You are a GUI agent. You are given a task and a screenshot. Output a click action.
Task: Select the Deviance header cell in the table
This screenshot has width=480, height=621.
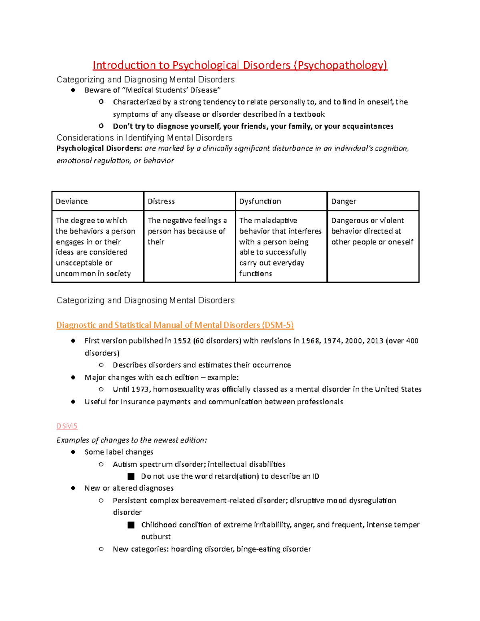tap(97, 201)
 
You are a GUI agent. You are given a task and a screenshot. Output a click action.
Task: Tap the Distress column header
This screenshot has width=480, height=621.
tap(189, 201)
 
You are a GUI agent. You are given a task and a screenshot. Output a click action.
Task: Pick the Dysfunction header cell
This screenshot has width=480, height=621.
tap(281, 201)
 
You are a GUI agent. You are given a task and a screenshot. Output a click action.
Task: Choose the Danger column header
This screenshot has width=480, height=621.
tap(373, 201)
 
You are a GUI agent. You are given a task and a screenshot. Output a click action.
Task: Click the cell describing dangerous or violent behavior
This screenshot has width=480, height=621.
tap(373, 232)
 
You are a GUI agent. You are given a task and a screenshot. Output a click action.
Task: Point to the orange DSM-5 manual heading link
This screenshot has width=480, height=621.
tap(175, 325)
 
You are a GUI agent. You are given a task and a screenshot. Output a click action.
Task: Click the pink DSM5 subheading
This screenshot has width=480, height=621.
tap(67, 426)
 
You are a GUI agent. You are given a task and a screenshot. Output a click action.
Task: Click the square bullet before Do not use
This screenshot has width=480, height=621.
tap(131, 477)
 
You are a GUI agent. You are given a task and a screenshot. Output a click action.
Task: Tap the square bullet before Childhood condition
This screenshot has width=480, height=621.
tap(131, 525)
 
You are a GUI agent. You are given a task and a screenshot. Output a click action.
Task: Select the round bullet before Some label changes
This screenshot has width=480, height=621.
tap(73, 452)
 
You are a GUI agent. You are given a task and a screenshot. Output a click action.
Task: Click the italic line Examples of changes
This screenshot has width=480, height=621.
tap(132, 440)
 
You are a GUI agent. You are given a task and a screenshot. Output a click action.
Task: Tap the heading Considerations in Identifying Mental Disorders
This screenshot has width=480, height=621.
tap(144, 138)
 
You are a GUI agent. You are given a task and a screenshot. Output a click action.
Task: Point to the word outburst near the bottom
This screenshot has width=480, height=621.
tap(156, 537)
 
